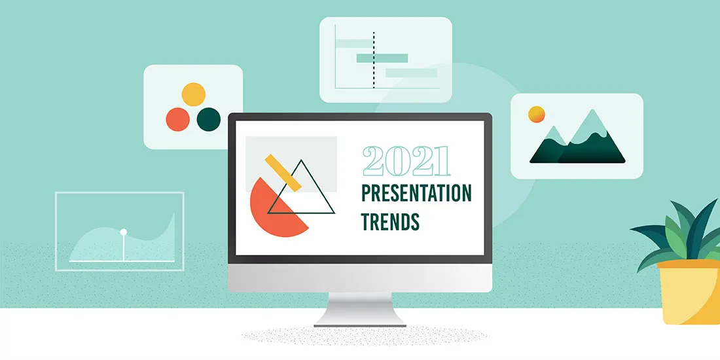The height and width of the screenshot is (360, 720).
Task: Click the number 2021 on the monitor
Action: pyautogui.click(x=406, y=161)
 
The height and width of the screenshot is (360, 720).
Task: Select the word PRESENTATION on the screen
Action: pyautogui.click(x=416, y=194)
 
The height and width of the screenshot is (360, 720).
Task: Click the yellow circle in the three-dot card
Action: pyautogui.click(x=193, y=94)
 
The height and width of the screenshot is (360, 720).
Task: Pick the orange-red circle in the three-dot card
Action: pyautogui.click(x=177, y=119)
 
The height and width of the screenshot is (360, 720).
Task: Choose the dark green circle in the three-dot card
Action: pyautogui.click(x=209, y=119)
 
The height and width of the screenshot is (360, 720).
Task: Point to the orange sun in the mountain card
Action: pyautogui.click(x=537, y=114)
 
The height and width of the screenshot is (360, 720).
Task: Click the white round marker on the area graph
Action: pyautogui.click(x=123, y=232)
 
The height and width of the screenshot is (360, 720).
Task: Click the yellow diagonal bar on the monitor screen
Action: pyautogui.click(x=283, y=172)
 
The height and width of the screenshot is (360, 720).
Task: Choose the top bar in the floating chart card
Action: pyautogui.click(x=354, y=45)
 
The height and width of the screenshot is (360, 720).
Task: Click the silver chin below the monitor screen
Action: pyautogui.click(x=359, y=279)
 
